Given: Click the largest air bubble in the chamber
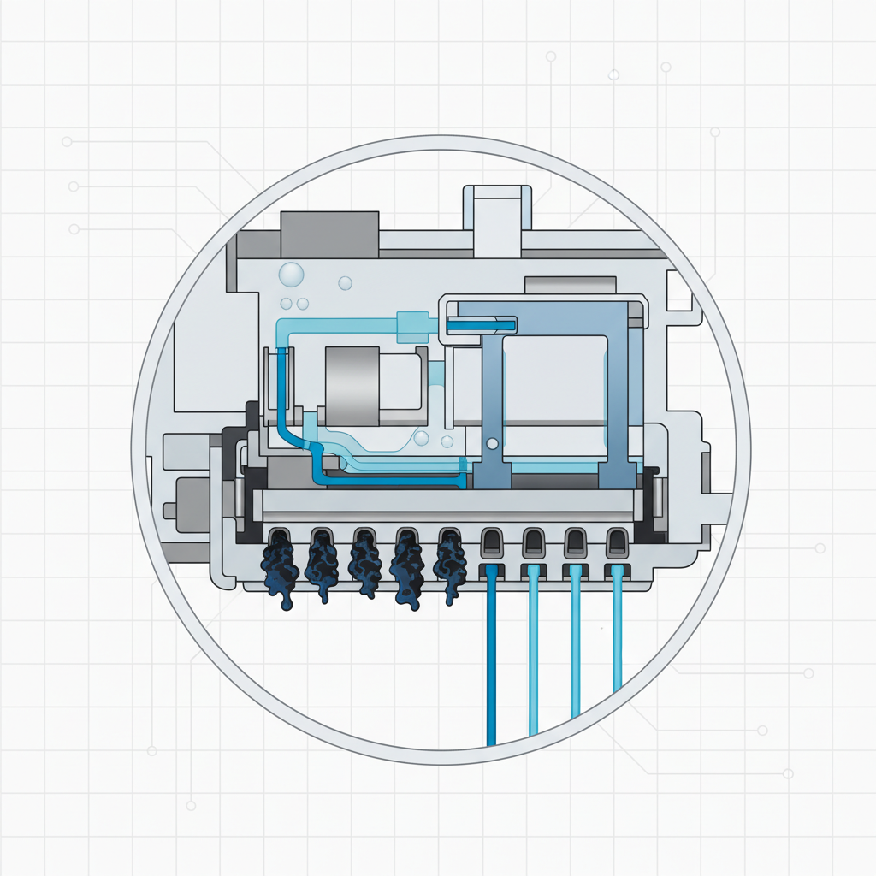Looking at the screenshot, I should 291,275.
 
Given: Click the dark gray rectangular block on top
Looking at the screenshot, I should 329,234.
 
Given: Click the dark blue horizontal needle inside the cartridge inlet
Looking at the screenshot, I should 481,325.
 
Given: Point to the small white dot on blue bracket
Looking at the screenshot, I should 491,443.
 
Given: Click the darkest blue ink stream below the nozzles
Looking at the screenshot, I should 491,659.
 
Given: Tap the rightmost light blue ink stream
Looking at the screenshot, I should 617,633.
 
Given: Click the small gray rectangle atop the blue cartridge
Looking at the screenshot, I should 569,286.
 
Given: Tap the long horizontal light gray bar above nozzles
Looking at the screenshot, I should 449,502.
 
